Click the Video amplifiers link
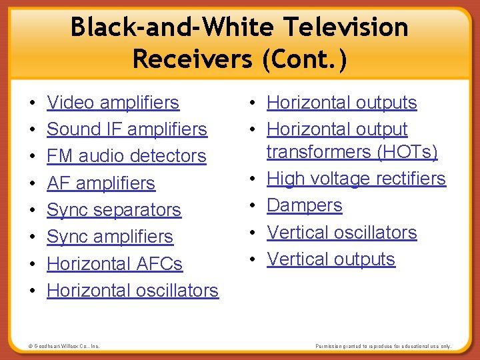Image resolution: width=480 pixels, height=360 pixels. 113,103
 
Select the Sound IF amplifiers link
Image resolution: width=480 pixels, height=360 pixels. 127,129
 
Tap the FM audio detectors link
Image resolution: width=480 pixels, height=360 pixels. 126,156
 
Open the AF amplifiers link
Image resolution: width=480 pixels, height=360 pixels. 101,183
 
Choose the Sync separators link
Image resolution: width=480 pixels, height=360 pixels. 113,210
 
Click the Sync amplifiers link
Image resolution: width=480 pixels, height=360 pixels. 109,237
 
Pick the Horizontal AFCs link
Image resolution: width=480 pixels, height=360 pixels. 114,264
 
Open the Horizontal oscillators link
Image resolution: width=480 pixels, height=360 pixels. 132,291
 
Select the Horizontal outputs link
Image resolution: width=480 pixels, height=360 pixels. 341,103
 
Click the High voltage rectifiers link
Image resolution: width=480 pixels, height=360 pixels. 356,179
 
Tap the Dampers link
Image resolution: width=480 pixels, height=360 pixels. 304,205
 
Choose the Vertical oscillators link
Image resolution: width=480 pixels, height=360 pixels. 341,233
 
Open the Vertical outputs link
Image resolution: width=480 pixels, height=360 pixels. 331,259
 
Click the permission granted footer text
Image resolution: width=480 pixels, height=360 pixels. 383,347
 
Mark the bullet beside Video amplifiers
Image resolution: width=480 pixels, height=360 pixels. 33,104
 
